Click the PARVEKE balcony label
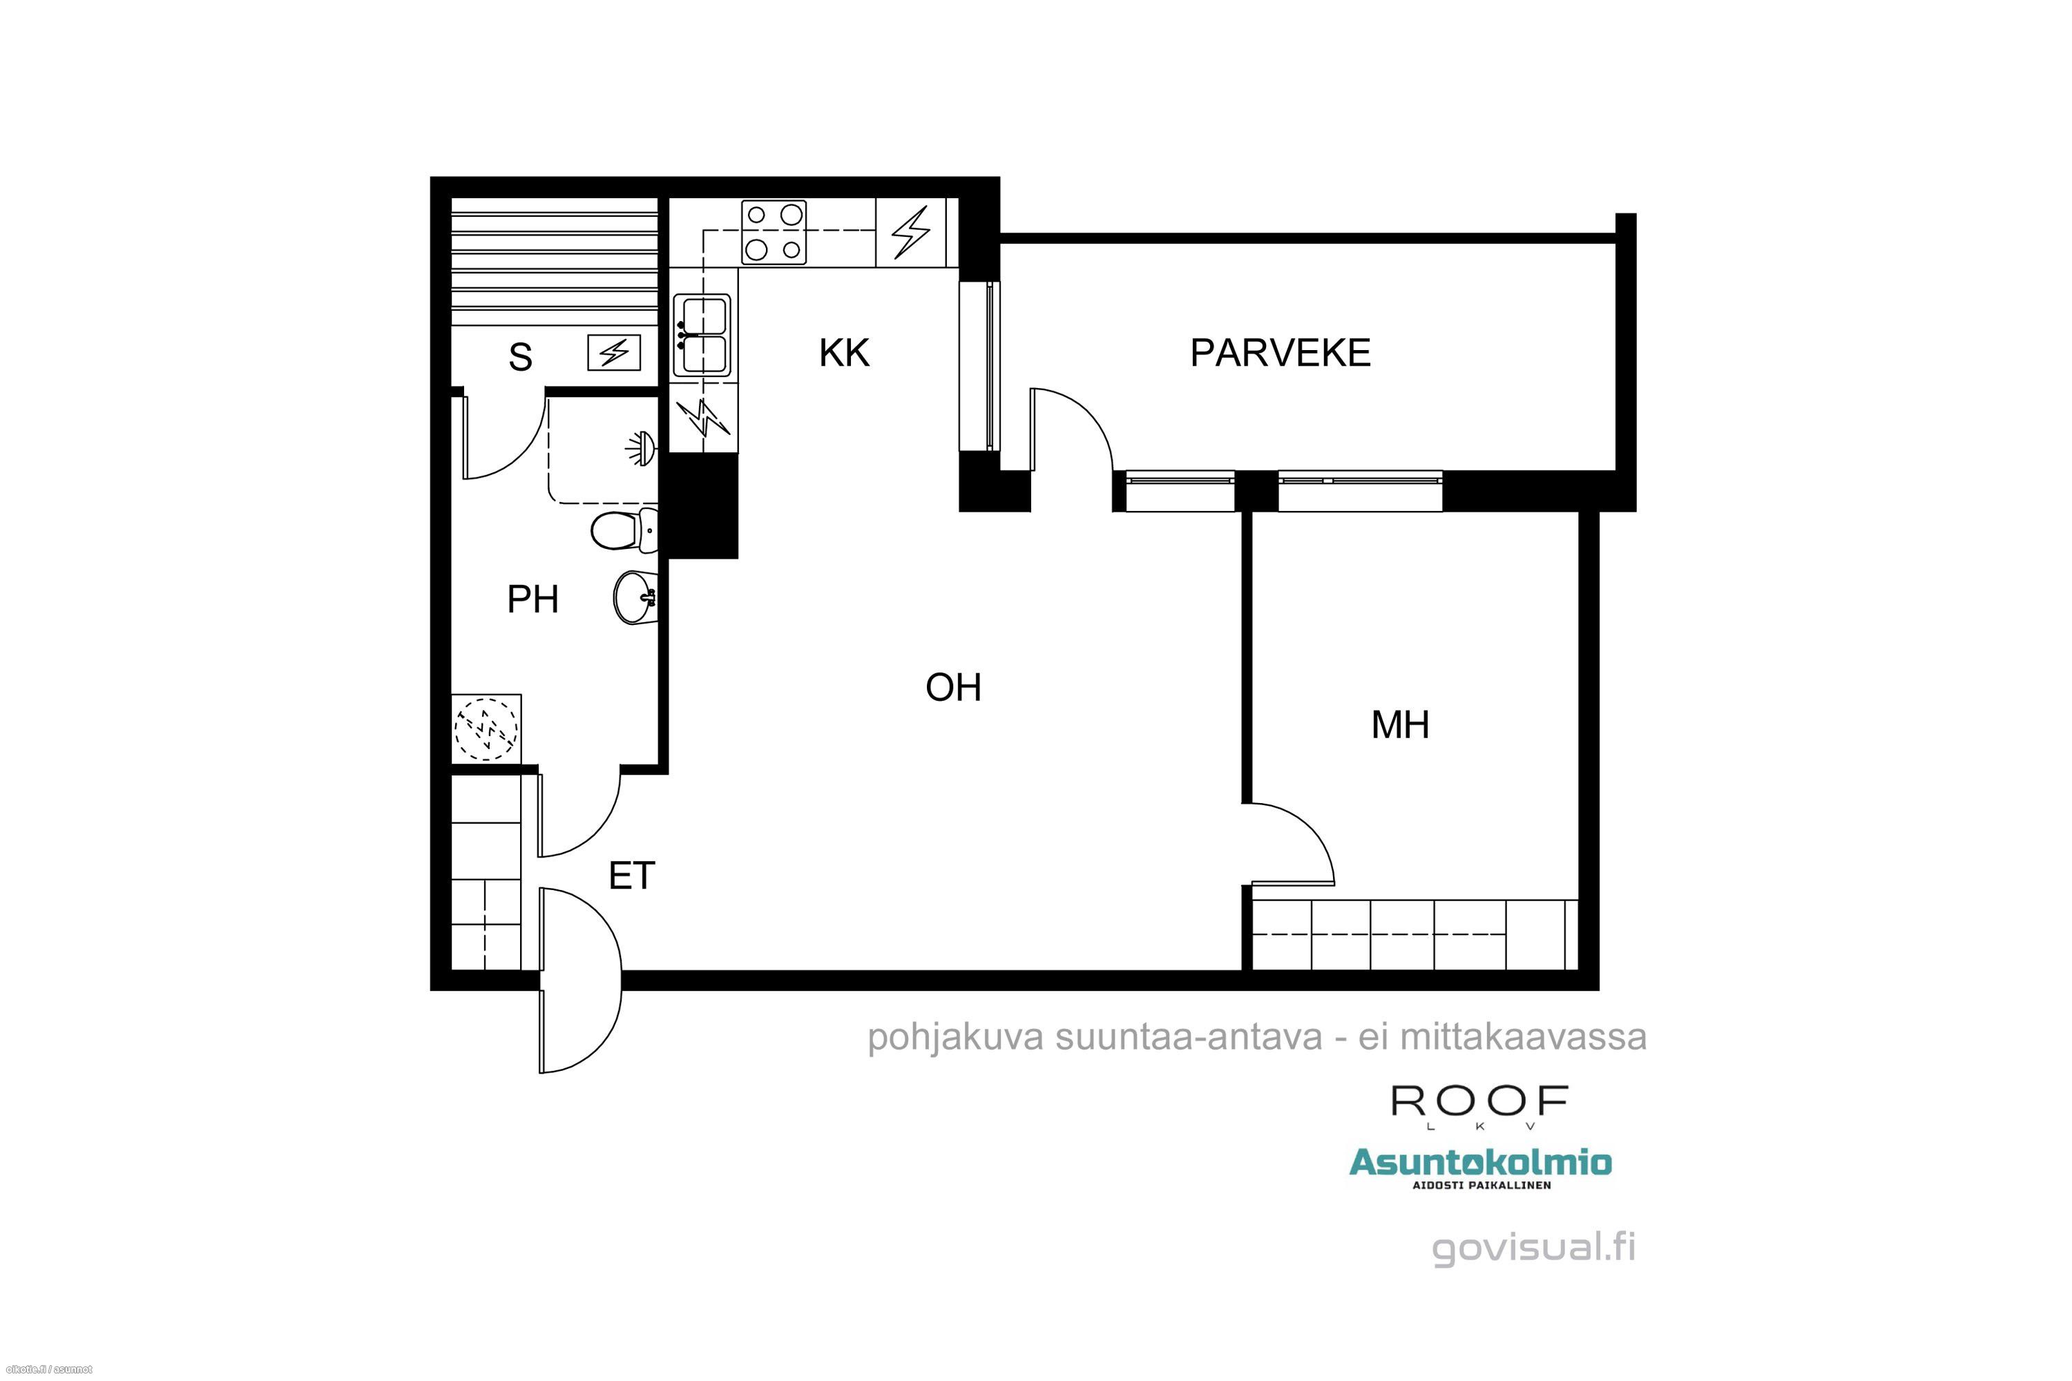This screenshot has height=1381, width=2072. click(1280, 353)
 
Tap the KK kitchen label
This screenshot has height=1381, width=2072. click(844, 353)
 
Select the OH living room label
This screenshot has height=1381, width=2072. click(953, 687)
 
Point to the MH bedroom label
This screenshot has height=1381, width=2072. click(1400, 725)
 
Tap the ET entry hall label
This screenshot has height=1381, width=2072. click(632, 876)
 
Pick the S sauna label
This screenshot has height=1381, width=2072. click(520, 358)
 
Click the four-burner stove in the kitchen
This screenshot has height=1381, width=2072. click(774, 233)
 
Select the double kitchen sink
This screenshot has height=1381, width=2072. click(702, 336)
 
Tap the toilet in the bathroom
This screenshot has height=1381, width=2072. click(624, 531)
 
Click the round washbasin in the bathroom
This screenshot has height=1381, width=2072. click(634, 598)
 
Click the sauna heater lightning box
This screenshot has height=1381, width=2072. click(614, 353)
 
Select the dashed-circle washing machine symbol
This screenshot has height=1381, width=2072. click(486, 729)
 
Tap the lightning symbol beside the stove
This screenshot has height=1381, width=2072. click(911, 233)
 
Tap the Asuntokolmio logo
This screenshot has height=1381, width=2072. click(1481, 1168)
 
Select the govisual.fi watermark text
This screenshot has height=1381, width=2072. click(1534, 1248)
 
